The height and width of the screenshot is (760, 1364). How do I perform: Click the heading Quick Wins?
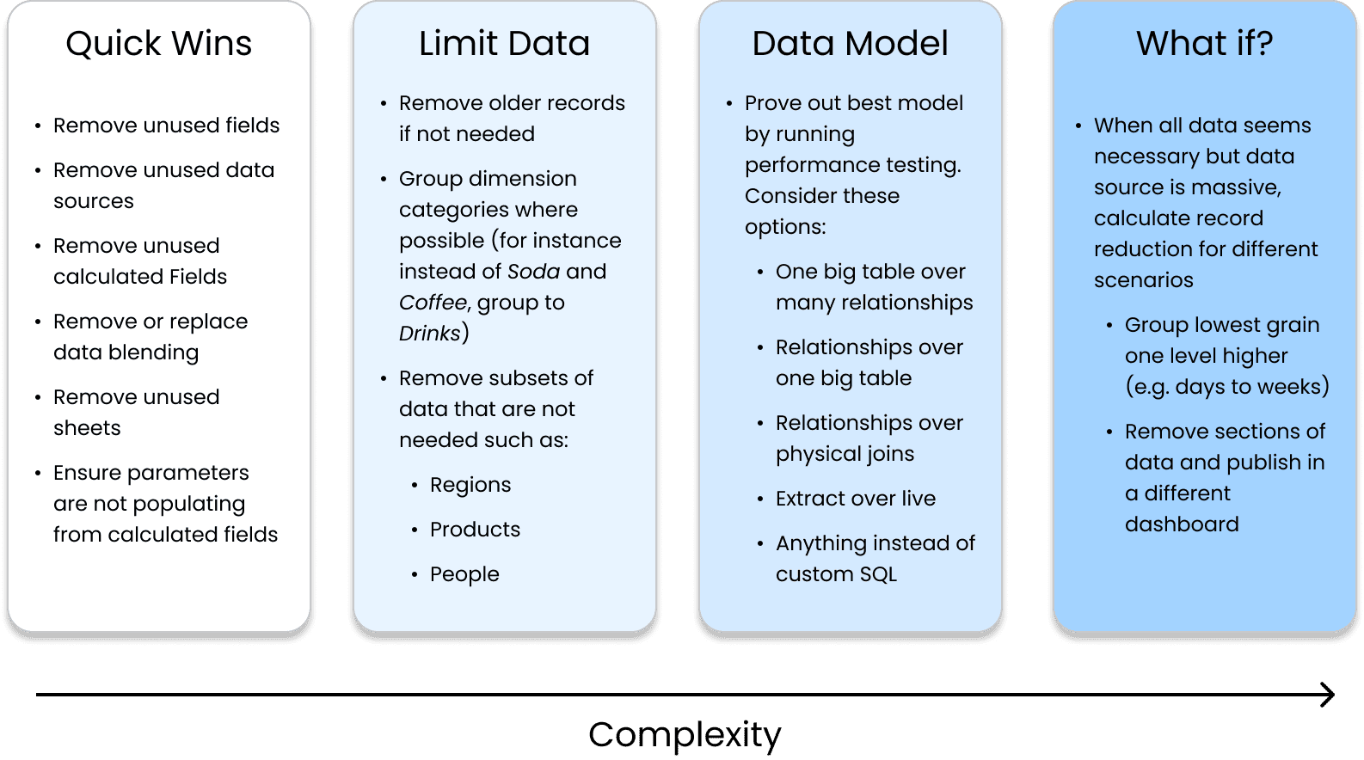[159, 44]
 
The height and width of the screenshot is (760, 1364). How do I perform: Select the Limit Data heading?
[505, 44]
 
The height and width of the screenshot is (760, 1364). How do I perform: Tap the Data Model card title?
[850, 44]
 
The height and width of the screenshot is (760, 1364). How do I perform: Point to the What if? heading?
[1204, 44]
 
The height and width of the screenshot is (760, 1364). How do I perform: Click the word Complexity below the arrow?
[685, 735]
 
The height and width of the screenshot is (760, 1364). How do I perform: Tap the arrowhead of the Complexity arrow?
[1328, 695]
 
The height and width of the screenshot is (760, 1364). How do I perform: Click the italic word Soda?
[533, 272]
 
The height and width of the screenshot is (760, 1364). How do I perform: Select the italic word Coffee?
[433, 303]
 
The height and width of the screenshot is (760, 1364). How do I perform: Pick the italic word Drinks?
[430, 334]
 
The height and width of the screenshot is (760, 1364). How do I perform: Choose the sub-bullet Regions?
[470, 485]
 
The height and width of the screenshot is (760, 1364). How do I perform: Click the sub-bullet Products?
[475, 530]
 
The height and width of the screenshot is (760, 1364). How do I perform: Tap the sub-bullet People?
[464, 574]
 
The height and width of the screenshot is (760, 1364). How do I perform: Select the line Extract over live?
[856, 499]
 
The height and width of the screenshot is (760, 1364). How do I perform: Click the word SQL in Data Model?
[878, 574]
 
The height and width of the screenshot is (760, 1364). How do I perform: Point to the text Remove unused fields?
[166, 126]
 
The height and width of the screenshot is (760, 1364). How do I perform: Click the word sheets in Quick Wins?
[87, 428]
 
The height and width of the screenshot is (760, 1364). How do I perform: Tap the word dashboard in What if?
[1182, 524]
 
